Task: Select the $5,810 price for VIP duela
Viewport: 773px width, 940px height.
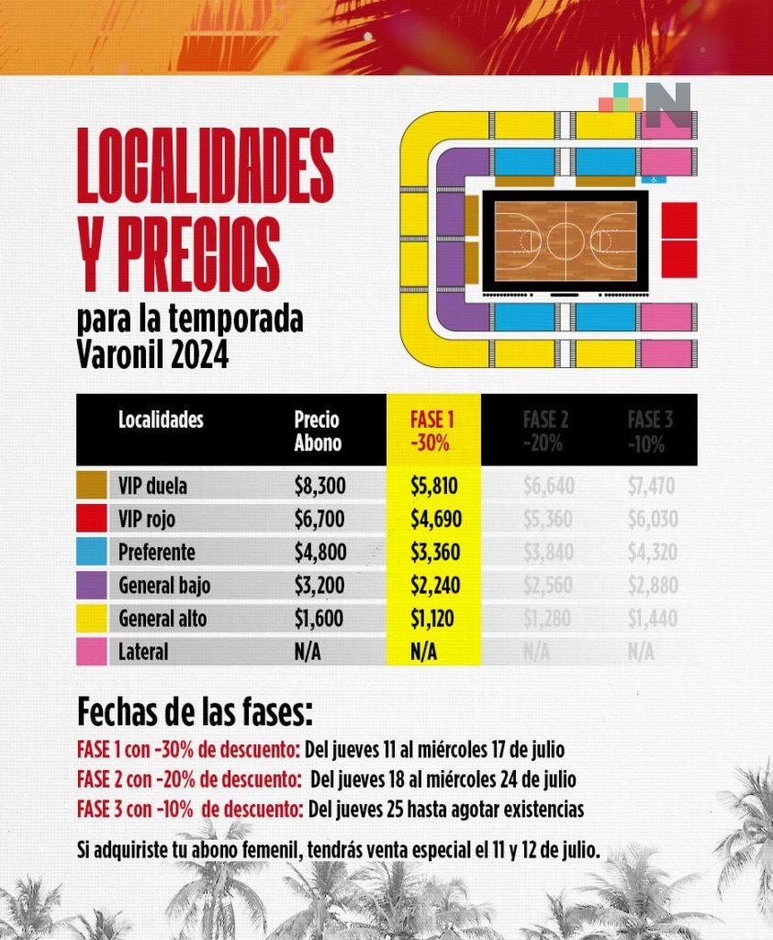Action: (x=431, y=485)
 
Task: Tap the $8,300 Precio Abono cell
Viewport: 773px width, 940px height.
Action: (x=319, y=485)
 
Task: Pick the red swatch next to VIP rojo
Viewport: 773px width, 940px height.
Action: (x=93, y=520)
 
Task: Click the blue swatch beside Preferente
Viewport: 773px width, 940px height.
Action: (x=93, y=553)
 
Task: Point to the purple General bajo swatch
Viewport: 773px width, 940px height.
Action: (x=93, y=586)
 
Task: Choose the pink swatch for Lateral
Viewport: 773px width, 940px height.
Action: (x=93, y=652)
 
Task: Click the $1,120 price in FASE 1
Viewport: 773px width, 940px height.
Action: (x=431, y=619)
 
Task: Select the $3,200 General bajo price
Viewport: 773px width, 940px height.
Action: (x=319, y=586)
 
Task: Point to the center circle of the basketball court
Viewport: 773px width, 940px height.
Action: (x=566, y=241)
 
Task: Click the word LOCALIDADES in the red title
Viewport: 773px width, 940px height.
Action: (x=205, y=165)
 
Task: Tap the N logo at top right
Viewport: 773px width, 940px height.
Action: (x=671, y=106)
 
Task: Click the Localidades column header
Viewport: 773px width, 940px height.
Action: (x=161, y=420)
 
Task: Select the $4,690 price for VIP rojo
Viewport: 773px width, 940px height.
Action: (x=431, y=520)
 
